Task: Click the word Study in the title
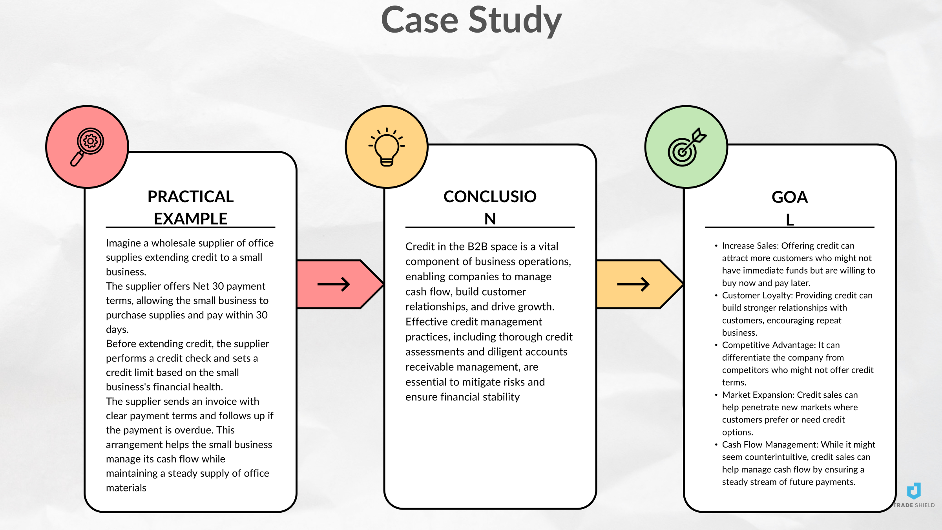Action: pos(515,20)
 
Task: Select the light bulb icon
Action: pos(387,147)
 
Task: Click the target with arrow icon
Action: pos(686,147)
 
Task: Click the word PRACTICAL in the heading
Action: pos(190,197)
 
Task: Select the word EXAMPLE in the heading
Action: pos(190,219)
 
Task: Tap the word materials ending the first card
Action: pos(126,488)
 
